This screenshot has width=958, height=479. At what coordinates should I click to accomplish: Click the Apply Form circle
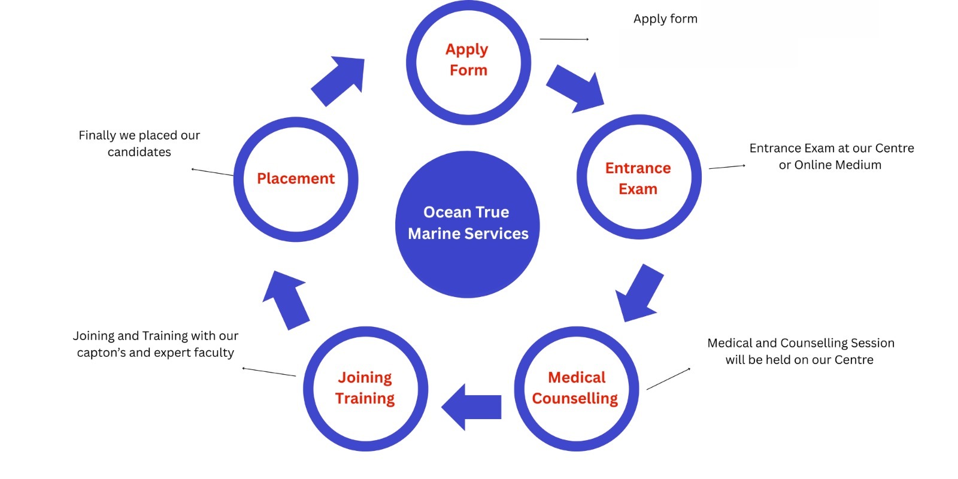[468, 62]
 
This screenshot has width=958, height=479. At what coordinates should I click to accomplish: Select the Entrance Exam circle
[638, 177]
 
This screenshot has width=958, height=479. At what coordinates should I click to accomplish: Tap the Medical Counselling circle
[576, 389]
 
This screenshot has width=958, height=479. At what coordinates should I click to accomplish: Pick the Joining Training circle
[365, 389]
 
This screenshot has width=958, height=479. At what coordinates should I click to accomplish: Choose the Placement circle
[296, 179]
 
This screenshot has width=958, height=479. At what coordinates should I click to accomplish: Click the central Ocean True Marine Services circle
[468, 224]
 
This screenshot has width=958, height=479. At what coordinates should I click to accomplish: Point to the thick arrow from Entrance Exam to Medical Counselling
[639, 293]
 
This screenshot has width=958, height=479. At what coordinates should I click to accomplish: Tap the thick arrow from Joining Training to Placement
[286, 299]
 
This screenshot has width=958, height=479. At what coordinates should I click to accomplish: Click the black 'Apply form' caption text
[665, 19]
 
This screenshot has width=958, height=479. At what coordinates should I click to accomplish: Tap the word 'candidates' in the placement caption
[139, 153]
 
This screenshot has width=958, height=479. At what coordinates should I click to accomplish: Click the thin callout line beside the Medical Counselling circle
[668, 379]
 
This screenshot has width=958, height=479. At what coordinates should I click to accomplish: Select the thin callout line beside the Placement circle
[212, 172]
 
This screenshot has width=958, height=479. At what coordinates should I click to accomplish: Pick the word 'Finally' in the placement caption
[98, 136]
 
